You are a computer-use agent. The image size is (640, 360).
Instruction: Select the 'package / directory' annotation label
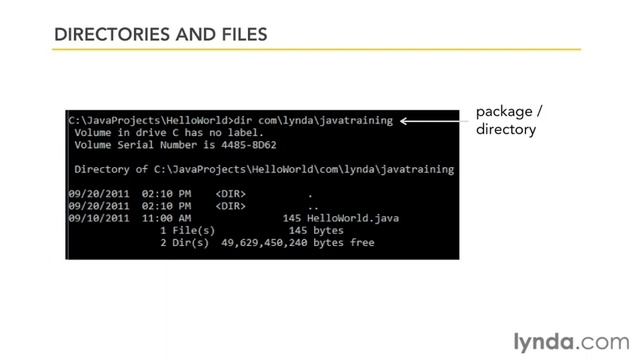pyautogui.click(x=508, y=120)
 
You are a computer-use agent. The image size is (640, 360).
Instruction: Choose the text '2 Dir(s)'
pyautogui.click(x=184, y=242)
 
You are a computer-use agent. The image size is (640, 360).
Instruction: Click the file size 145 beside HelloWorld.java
pyautogui.click(x=292, y=217)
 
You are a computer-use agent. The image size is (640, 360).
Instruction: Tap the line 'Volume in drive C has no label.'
pyautogui.click(x=167, y=132)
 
